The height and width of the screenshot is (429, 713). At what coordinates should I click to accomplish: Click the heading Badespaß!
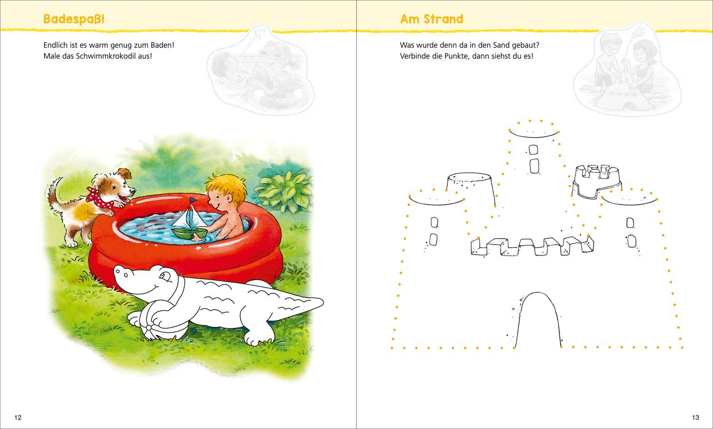(74, 19)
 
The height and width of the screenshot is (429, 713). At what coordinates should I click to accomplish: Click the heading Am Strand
(432, 19)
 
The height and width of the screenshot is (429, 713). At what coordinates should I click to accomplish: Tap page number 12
(18, 417)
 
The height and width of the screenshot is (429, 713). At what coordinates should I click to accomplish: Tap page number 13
(695, 417)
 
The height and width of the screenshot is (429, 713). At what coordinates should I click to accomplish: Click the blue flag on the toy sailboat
(193, 200)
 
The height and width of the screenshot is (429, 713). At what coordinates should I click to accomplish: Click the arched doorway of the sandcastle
(538, 320)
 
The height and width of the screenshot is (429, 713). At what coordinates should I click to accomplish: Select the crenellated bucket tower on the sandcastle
(597, 182)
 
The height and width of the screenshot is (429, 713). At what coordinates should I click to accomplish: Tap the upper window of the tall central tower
(534, 149)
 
